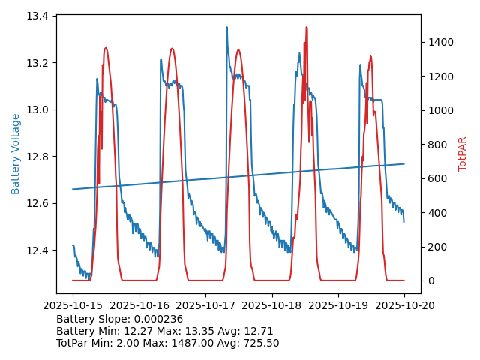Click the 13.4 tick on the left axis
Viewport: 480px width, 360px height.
(39, 16)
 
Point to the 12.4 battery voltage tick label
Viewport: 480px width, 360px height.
(39, 250)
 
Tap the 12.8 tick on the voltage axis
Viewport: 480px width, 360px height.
(39, 157)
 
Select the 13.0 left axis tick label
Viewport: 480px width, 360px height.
(39, 109)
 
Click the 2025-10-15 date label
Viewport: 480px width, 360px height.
(73, 305)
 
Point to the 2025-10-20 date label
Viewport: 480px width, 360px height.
(404, 305)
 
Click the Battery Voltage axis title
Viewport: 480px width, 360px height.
(16, 154)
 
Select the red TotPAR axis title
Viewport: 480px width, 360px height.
(463, 154)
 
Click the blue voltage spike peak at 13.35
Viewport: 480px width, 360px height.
(226, 28)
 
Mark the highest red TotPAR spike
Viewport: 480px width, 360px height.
(306, 28)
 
